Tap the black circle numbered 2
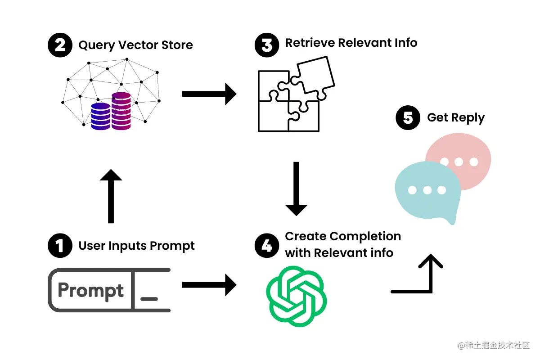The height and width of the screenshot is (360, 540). [60, 45]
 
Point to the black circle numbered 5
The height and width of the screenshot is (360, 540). [408, 117]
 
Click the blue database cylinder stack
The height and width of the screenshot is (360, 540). [101, 117]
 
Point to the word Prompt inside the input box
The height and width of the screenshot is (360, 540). [90, 290]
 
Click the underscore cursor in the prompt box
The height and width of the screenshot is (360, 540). [149, 298]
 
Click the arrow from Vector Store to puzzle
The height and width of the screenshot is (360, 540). [209, 94]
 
